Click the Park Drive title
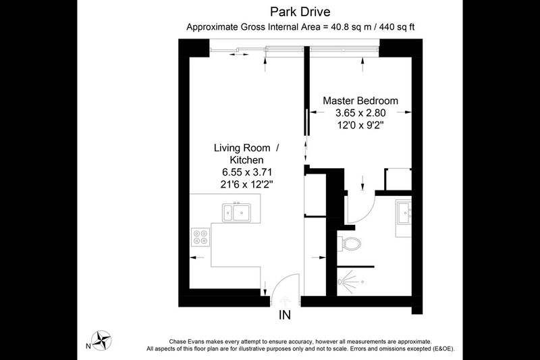300,11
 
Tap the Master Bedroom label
360,101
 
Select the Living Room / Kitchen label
246,153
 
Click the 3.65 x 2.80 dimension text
360,113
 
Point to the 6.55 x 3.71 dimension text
247,172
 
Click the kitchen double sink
236,212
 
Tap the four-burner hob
200,236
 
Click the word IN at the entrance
284,315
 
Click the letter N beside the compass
88,346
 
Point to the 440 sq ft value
397,27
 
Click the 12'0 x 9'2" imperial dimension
360,125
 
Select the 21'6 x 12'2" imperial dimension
247,184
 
